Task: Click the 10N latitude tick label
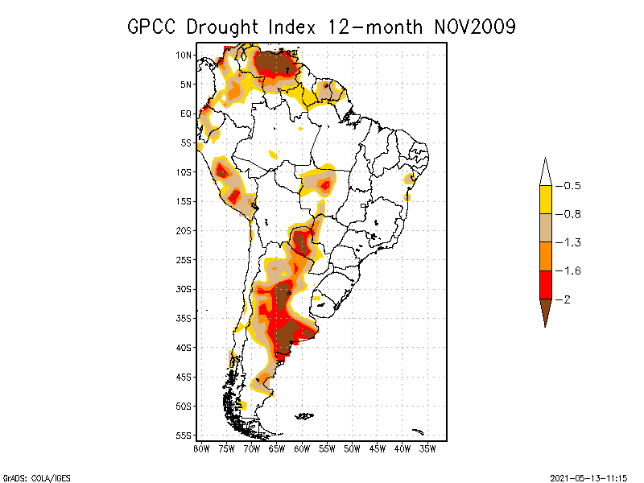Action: [184, 55]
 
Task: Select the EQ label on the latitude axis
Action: [186, 114]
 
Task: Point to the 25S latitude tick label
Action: [184, 259]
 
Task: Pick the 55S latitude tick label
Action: [184, 435]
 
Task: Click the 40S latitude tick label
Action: [184, 347]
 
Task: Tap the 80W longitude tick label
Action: [201, 448]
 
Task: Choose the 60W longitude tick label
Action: [302, 448]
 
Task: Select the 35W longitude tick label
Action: [427, 448]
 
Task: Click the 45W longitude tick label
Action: [378, 448]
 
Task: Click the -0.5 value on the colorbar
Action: [572, 186]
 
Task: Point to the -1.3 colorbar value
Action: [572, 242]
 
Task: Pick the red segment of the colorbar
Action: [545, 284]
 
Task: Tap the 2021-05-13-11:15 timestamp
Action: [588, 477]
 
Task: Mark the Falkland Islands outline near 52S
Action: [304, 416]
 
